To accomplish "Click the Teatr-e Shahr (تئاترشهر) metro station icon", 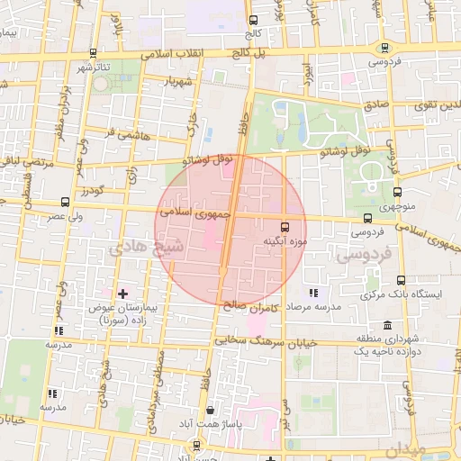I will [95, 52].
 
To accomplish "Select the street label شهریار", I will [177, 82].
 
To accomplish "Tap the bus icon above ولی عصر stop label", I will [64, 202].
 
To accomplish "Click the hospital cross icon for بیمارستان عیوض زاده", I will [123, 294].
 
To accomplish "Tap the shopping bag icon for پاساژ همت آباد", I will [210, 410].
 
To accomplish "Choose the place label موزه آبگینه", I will [285, 241].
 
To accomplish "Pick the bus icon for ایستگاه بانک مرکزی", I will [401, 281].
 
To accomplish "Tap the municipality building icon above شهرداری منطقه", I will [387, 325].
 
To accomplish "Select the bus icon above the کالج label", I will [253, 20].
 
